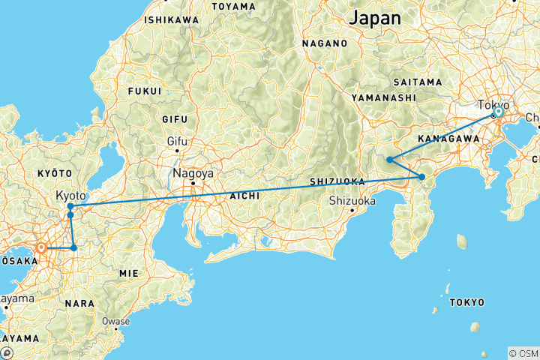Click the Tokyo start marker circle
click(498, 112)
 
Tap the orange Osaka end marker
click(42, 247)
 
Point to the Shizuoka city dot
click(352, 211)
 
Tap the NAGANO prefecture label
click(325, 43)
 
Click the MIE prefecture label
click(128, 274)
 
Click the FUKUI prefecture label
click(145, 91)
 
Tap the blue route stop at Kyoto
click(70, 206)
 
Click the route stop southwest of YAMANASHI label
click(390, 159)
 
